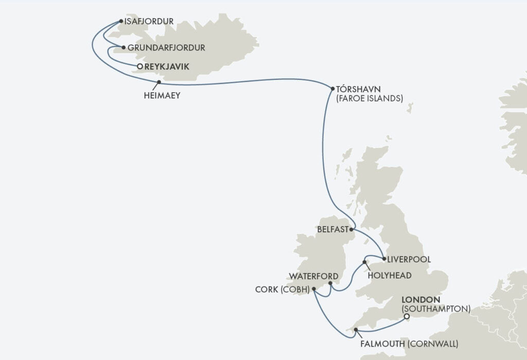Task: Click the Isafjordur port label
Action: pos(149,22)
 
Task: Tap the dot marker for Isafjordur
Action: pos(121,22)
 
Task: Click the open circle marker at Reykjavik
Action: pos(139,66)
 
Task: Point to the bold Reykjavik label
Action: pos(167,66)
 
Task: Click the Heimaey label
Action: pos(162,95)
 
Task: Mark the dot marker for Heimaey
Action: pos(159,82)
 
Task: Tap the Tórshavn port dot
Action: pos(332,89)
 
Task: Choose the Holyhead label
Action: pos(390,276)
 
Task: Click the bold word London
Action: pos(420,300)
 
